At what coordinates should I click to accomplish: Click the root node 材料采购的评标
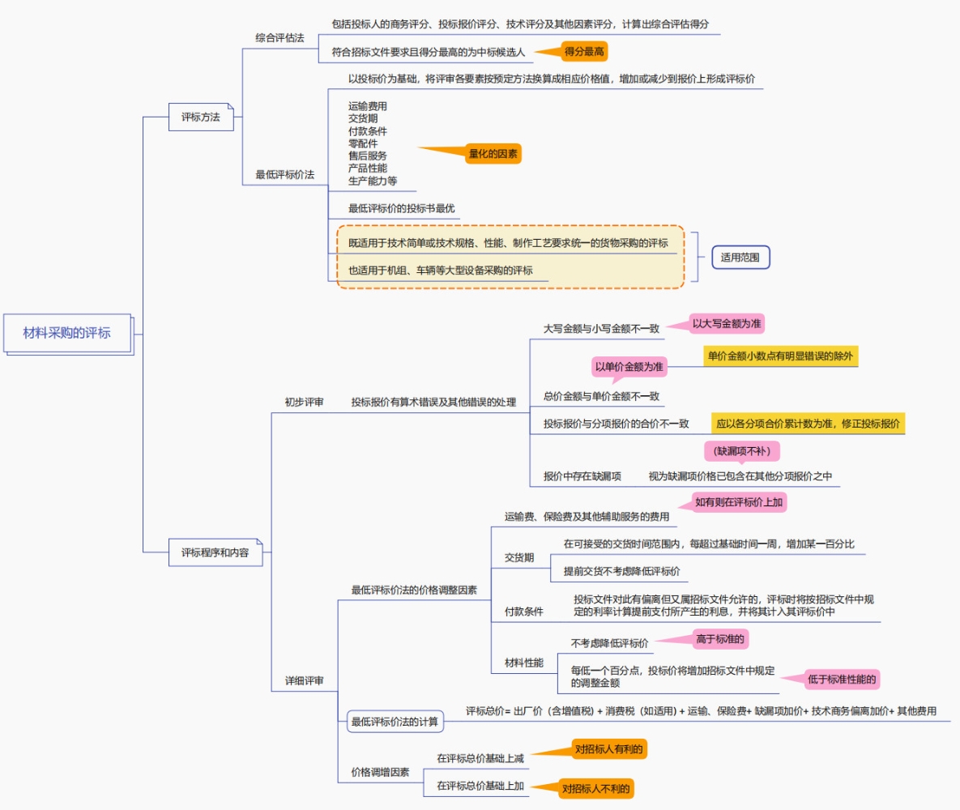coord(66,332)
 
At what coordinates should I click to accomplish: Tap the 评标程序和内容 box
coord(215,552)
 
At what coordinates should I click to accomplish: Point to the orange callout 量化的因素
coord(493,153)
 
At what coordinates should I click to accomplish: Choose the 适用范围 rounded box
coord(740,258)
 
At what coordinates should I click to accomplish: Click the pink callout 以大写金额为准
coord(727,323)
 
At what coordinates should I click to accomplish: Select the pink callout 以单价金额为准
coord(629,367)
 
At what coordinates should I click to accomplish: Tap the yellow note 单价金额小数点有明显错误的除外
coord(780,356)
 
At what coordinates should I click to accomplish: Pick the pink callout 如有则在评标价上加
coord(739,502)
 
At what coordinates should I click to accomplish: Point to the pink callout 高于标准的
coord(720,639)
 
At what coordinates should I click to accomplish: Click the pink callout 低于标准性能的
coord(843,680)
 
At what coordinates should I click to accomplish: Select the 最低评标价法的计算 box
coord(395,721)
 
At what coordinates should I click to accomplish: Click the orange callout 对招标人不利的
coord(596,788)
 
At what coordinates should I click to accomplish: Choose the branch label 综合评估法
coord(279,38)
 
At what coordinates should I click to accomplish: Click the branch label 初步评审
coord(304,402)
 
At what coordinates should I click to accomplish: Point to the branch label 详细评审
coord(304,681)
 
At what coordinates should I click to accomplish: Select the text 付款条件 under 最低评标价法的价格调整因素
coord(523,612)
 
